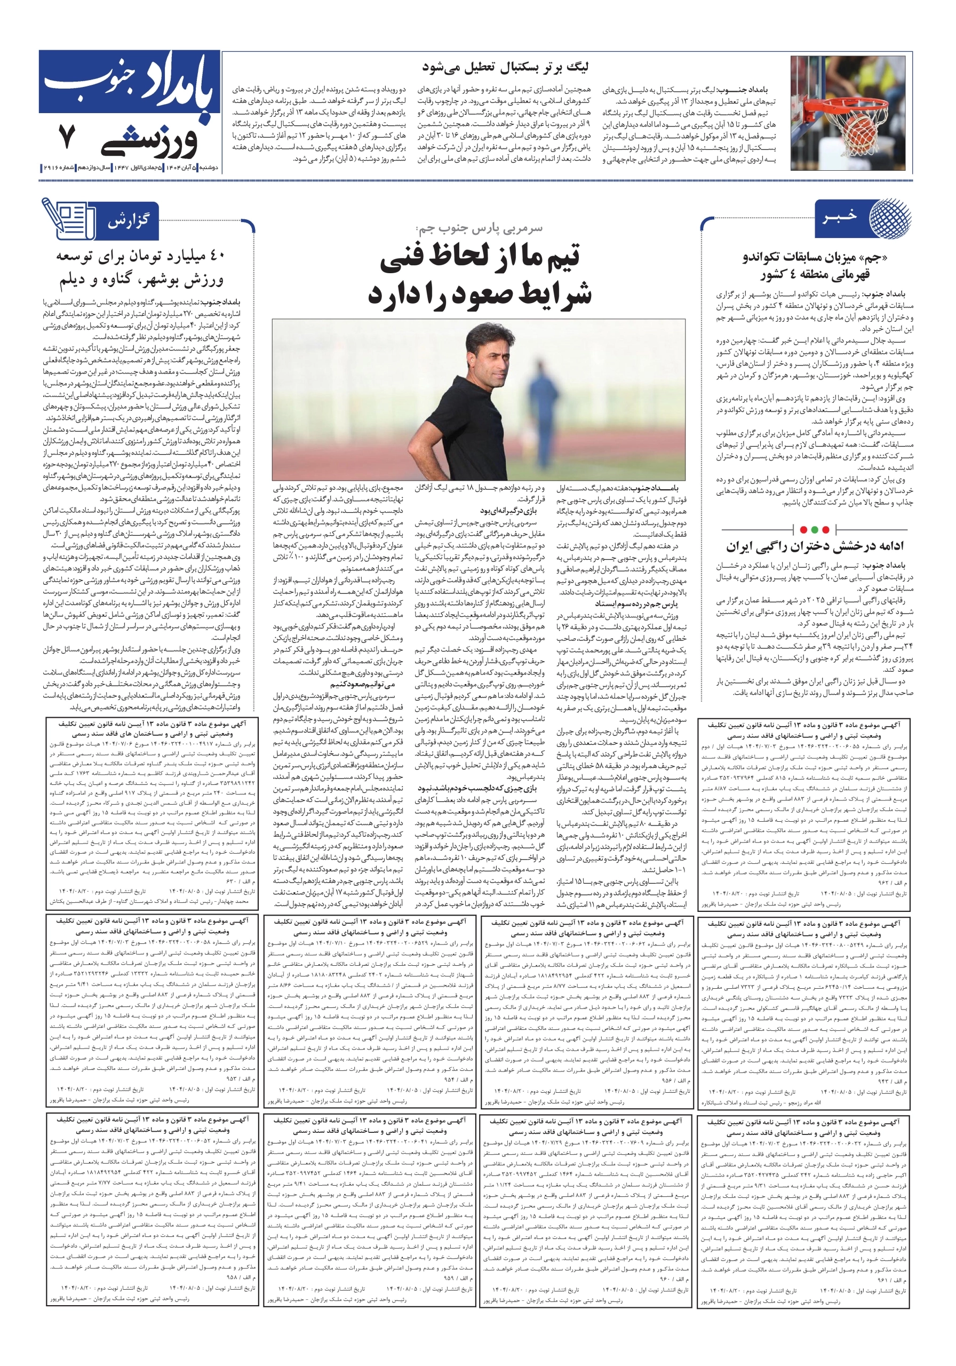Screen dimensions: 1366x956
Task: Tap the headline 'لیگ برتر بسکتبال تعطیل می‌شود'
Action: tap(505, 67)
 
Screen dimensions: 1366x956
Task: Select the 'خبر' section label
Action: tap(840, 216)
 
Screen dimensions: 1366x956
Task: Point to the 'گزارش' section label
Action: tap(128, 221)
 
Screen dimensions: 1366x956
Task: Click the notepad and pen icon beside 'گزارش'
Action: tap(67, 218)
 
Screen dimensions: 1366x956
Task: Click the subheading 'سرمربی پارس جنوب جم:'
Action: tap(479, 228)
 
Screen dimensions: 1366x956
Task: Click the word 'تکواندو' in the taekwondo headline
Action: tap(765, 258)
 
